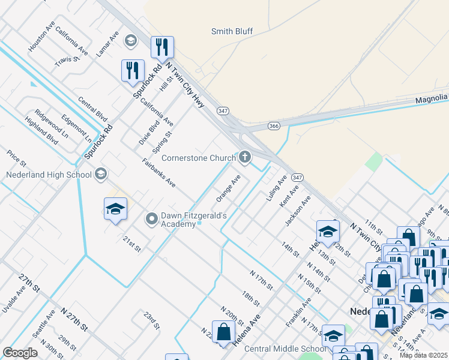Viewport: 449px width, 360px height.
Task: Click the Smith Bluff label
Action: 232,31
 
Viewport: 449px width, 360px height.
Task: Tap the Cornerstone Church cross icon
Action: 244,158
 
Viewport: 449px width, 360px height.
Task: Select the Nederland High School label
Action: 49,175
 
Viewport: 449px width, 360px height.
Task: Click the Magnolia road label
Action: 432,98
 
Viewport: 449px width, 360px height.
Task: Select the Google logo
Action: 20,352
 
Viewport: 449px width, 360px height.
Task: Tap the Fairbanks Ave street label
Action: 159,173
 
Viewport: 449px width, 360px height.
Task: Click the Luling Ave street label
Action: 276,187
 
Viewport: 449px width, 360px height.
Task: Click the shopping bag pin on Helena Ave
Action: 223,332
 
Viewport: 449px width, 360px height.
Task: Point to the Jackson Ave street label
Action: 298,210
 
